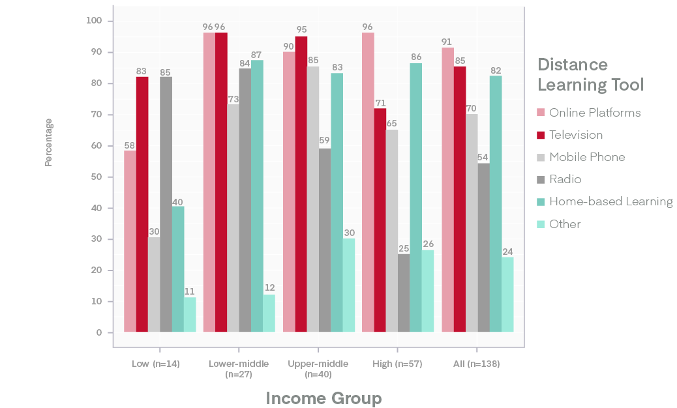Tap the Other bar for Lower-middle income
(x=269, y=313)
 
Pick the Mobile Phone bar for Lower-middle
(x=233, y=218)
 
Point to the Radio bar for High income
(x=404, y=293)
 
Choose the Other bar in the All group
(x=507, y=295)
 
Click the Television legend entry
(x=575, y=135)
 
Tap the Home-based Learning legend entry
(x=610, y=201)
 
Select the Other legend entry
(x=564, y=224)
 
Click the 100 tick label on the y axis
(x=94, y=21)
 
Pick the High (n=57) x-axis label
(x=398, y=364)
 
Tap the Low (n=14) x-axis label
(x=155, y=364)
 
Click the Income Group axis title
(x=323, y=398)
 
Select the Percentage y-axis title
(x=49, y=142)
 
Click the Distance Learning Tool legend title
(x=590, y=74)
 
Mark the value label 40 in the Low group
(x=178, y=201)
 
